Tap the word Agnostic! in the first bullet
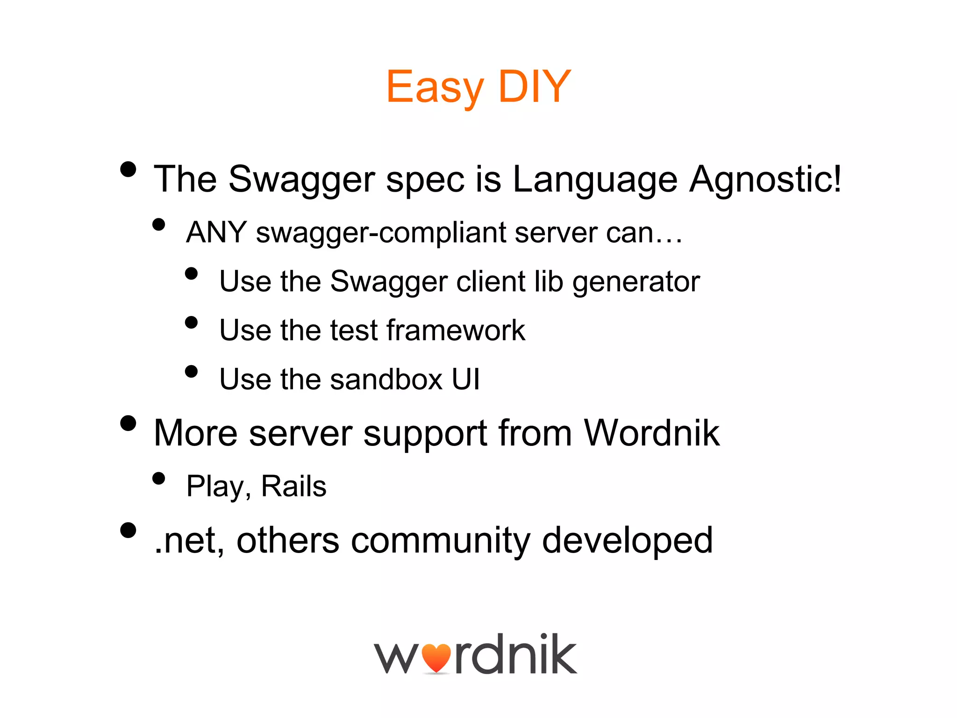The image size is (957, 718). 765,179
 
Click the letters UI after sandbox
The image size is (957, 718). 465,379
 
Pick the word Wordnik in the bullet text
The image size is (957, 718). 651,433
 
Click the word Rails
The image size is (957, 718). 293,486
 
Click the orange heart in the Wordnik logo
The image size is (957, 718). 436,658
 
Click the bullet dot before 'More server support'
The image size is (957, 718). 128,423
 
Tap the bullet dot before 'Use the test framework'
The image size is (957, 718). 191,322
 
